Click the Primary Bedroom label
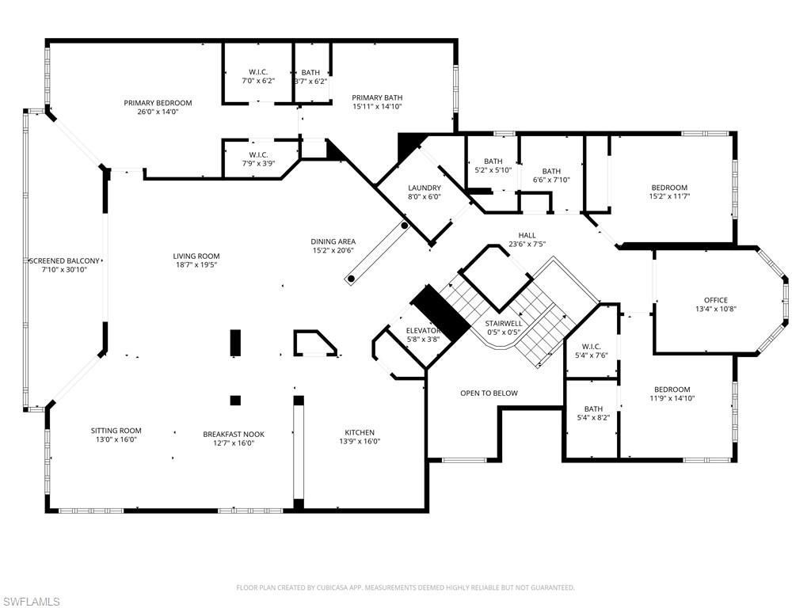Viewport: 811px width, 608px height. [158, 103]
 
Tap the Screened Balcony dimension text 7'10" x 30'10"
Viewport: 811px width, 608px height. [65, 270]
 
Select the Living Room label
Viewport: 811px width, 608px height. [196, 256]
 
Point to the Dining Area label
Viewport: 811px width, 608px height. [333, 241]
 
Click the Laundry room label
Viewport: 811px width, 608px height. [424, 188]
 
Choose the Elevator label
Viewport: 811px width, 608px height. [422, 330]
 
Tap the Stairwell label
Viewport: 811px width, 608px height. [503, 323]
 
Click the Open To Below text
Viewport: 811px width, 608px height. [489, 393]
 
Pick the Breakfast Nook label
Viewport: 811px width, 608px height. [234, 434]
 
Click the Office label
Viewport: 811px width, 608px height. [715, 300]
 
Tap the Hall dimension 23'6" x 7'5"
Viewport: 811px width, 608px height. [527, 244]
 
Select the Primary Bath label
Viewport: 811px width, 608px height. [377, 97]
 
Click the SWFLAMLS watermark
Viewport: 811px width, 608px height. [31, 602]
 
